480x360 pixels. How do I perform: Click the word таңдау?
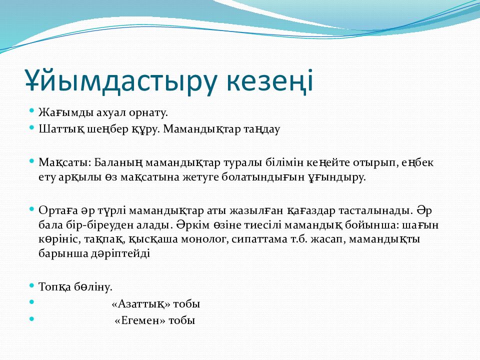click(x=262, y=129)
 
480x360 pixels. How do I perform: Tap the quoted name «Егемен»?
click(x=140, y=320)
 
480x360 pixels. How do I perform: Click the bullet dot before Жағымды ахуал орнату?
click(x=31, y=111)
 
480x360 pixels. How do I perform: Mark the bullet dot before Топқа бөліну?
click(x=31, y=285)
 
